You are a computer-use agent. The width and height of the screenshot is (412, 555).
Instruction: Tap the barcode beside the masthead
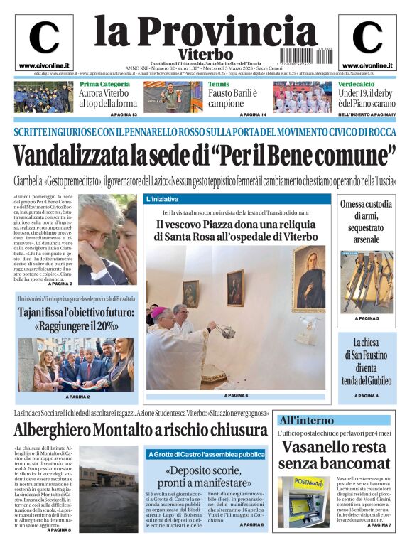tap(299, 54)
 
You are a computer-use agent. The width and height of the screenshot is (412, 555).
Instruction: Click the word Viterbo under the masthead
tap(206, 54)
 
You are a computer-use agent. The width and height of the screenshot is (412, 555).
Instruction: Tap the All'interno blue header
tap(333, 420)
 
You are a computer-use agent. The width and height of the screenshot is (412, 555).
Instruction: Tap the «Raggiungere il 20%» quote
tap(76, 326)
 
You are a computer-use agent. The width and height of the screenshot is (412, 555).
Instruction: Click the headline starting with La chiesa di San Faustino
tap(367, 361)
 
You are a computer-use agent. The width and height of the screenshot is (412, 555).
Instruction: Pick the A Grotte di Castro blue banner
tap(206, 454)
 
